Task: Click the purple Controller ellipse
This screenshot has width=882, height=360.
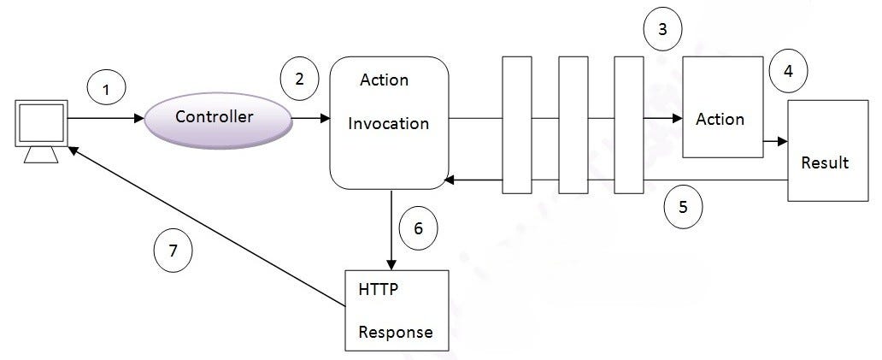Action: click(214, 117)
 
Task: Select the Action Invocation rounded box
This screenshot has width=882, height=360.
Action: click(389, 122)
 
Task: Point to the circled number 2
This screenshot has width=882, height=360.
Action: click(299, 79)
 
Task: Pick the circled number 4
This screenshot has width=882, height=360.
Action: click(788, 72)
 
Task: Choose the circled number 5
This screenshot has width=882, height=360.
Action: click(682, 206)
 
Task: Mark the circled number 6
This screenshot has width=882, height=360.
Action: click(418, 228)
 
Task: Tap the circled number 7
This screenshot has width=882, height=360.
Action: click(173, 251)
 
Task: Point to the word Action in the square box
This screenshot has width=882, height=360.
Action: click(720, 119)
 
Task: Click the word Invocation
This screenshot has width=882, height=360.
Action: click(389, 123)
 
